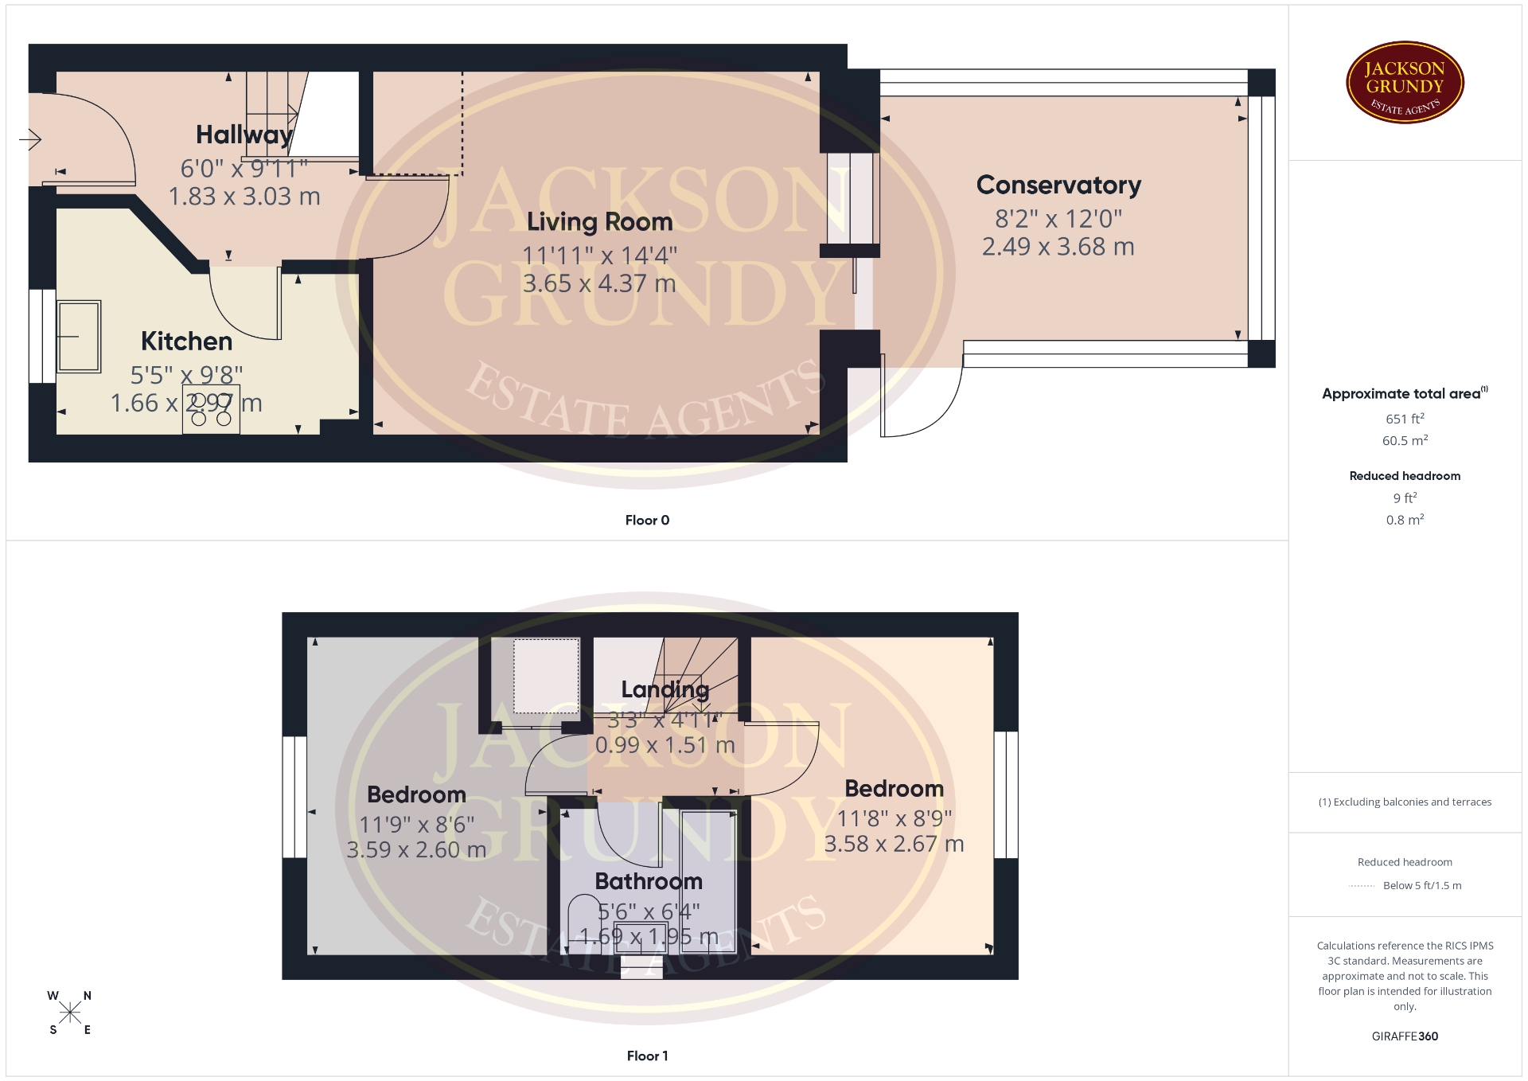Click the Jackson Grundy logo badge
1405,83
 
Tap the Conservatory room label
1058,185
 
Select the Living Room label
599,221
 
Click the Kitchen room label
186,341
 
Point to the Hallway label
244,135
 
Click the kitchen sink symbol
79,336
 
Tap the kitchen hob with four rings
211,409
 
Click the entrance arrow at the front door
30,140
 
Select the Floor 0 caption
647,520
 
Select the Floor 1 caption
647,1056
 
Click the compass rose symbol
70,1013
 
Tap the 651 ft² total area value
1405,419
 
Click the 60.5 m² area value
1405,440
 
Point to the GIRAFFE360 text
1405,1036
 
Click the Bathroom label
649,881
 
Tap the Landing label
665,689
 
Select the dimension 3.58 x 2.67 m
894,844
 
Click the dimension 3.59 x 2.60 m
416,849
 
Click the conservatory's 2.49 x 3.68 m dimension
1058,247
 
